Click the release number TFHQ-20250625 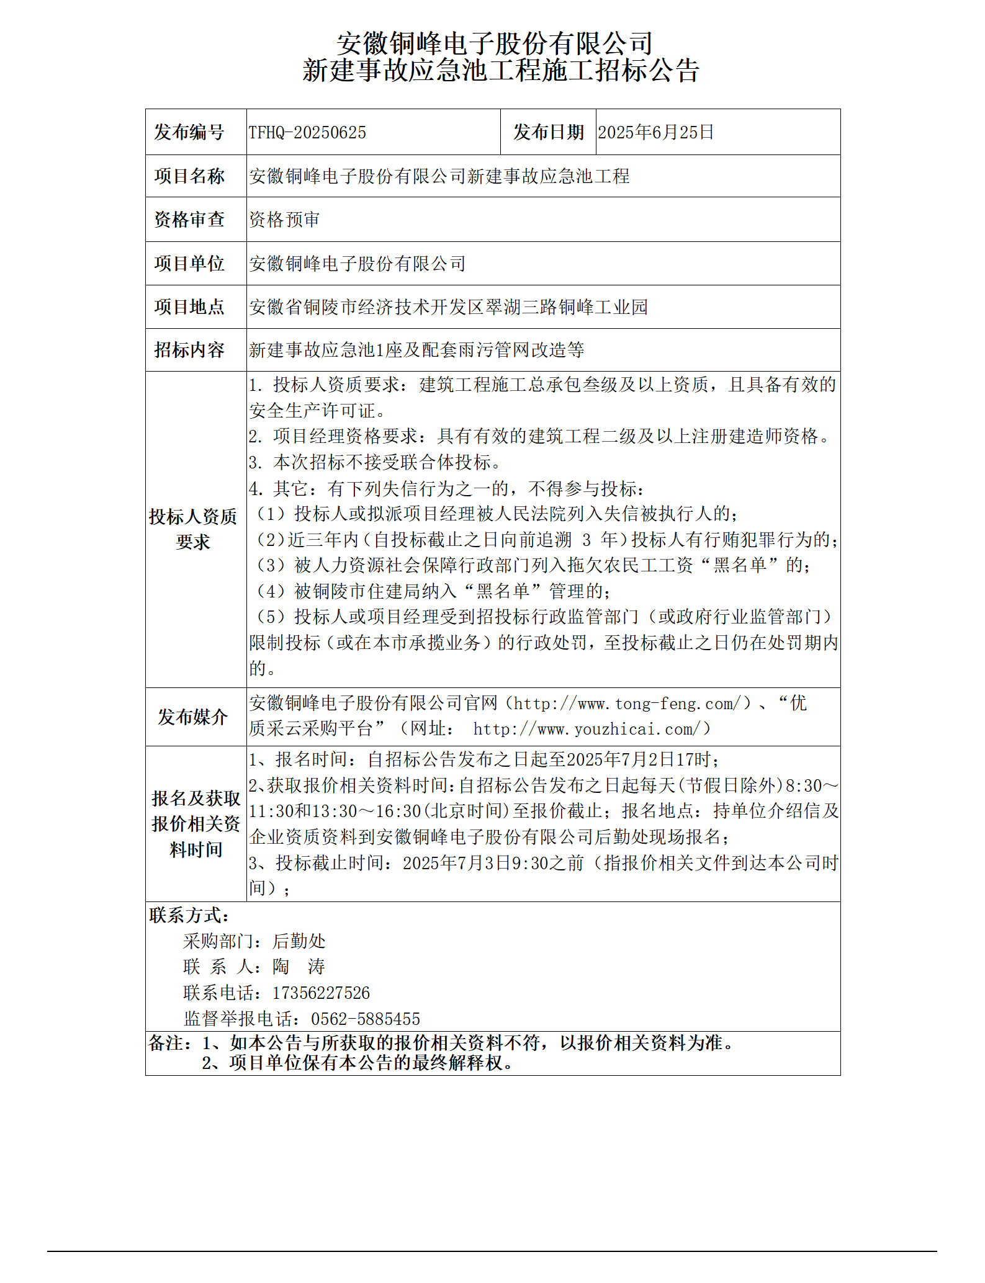pyautogui.click(x=307, y=132)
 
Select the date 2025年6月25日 pyautogui.click(x=655, y=132)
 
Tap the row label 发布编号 pyautogui.click(x=189, y=132)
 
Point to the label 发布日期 pyautogui.click(x=548, y=132)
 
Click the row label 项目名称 pyautogui.click(x=189, y=176)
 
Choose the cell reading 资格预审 pyautogui.click(x=284, y=220)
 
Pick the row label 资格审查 pyautogui.click(x=189, y=220)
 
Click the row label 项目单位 pyautogui.click(x=189, y=264)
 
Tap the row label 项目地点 pyautogui.click(x=189, y=307)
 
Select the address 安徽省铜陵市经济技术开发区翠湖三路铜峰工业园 pyautogui.click(x=448, y=307)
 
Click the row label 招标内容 pyautogui.click(x=189, y=350)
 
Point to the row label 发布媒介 pyautogui.click(x=192, y=717)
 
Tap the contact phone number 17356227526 pyautogui.click(x=321, y=993)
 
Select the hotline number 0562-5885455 pyautogui.click(x=365, y=1019)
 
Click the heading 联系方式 pyautogui.click(x=189, y=915)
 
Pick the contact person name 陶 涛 pyautogui.click(x=299, y=967)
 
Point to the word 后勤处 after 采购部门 pyautogui.click(x=299, y=941)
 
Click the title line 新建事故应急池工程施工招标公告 pyautogui.click(x=500, y=71)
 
